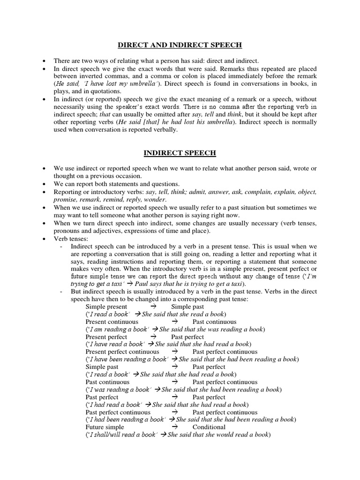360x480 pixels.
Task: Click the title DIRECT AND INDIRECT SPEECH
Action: coord(180,45)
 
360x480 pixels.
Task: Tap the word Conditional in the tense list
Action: coord(209,427)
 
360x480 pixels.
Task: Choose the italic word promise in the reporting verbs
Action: coord(66,200)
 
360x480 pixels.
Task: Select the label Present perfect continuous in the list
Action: coord(122,352)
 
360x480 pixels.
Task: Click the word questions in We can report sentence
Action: coord(164,184)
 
